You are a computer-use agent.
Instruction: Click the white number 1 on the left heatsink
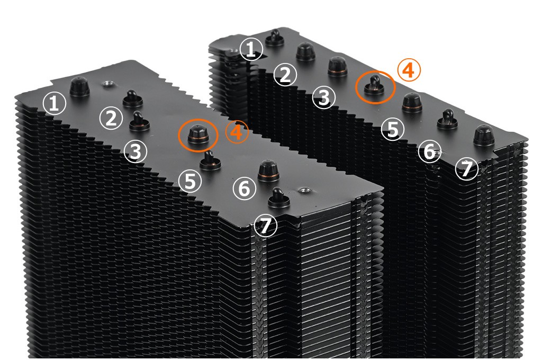click(55, 103)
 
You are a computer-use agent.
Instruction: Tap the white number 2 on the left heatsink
click(111, 118)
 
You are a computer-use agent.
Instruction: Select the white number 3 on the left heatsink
click(135, 151)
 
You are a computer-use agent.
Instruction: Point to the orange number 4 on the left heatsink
click(237, 132)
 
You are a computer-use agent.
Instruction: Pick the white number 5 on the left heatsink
click(190, 181)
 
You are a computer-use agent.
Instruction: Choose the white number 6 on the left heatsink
click(245, 188)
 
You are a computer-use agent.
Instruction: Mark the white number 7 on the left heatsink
click(266, 226)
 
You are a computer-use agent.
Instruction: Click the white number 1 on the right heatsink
click(251, 49)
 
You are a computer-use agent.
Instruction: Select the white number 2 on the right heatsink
click(285, 75)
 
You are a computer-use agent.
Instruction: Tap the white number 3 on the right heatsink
click(323, 97)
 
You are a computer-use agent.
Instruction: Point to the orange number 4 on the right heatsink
click(409, 70)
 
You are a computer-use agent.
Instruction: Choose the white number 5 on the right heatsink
click(393, 129)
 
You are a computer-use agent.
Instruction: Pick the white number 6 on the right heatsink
click(430, 151)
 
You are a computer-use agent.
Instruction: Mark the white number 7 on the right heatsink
click(467, 169)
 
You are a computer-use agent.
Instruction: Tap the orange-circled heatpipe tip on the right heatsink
click(374, 85)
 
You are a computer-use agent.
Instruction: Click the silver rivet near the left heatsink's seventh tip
click(304, 190)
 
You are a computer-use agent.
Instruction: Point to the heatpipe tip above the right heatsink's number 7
click(484, 136)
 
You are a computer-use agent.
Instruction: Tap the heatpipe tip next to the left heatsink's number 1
click(79, 87)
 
